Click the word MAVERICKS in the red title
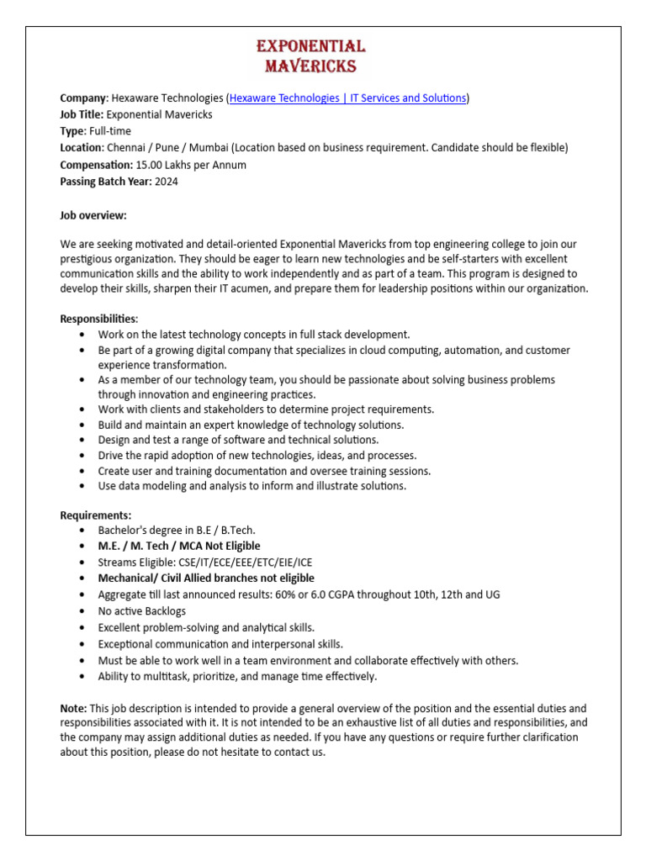tap(310, 66)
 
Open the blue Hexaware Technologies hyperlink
tap(347, 98)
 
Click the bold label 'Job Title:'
tap(82, 114)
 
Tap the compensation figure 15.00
tap(150, 165)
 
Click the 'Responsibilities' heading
tap(98, 320)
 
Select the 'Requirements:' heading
tap(96, 515)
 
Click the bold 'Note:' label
tap(73, 709)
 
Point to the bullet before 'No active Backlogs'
tap(81, 611)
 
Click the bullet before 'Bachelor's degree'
tap(81, 531)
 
